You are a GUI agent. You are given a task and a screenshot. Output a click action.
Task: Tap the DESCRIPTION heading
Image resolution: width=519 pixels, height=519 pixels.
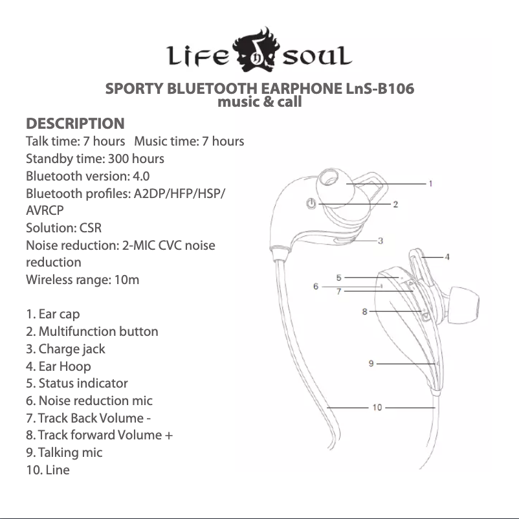click(75, 123)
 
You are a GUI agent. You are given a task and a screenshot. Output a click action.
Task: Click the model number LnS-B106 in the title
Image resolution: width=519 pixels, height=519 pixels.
click(378, 89)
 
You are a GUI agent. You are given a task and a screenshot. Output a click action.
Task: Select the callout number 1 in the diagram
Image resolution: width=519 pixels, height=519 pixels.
click(430, 184)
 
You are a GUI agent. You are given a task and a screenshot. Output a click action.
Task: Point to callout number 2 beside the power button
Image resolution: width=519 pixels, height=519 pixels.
click(395, 204)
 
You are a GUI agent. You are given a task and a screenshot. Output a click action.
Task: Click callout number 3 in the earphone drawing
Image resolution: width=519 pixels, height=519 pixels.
click(381, 241)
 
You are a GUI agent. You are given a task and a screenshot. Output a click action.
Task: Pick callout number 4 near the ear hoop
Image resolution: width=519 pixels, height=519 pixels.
click(447, 257)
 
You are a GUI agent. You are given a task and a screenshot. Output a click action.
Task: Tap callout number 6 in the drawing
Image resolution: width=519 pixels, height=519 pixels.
click(316, 286)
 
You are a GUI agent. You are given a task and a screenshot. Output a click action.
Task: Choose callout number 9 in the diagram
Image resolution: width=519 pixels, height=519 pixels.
click(371, 364)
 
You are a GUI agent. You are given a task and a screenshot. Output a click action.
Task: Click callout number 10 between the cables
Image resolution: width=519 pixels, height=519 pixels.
click(377, 407)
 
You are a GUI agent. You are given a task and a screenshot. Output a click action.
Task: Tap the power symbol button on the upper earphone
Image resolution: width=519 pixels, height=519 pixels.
click(312, 204)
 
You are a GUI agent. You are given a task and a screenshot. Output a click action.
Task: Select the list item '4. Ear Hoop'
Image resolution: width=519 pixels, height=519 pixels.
click(58, 366)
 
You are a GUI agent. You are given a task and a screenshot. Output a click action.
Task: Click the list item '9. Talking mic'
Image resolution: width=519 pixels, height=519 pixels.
click(64, 452)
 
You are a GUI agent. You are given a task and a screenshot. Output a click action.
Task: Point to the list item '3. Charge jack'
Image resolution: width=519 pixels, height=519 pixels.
click(65, 349)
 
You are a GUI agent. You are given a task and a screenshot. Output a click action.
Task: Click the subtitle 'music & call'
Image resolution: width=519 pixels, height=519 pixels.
click(259, 102)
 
